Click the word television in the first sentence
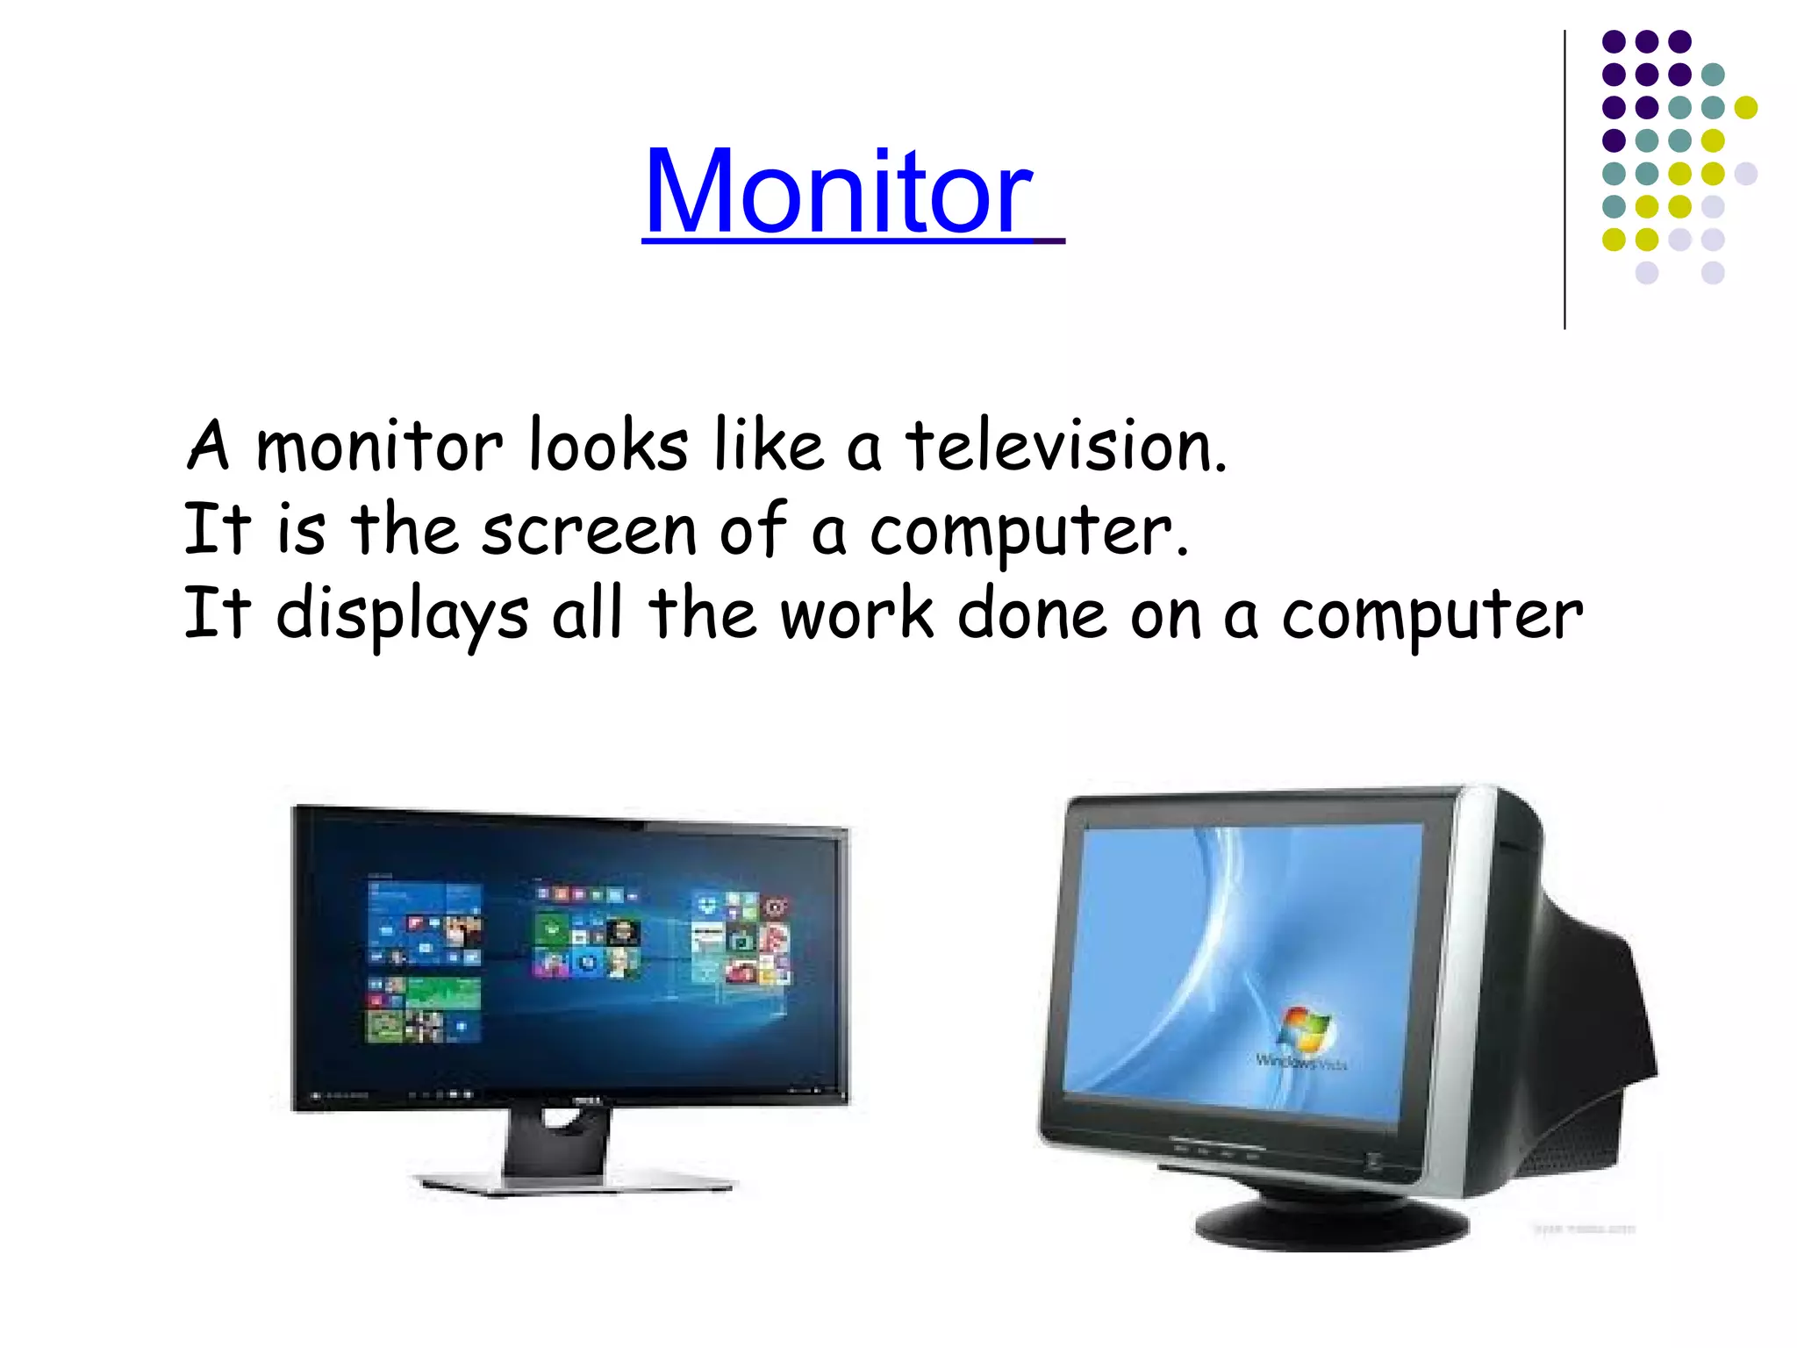(1065, 447)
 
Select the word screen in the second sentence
(589, 531)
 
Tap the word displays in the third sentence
(403, 614)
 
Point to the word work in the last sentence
(857, 614)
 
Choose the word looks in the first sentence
(609, 447)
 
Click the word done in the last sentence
(1032, 614)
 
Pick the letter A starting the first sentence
(209, 447)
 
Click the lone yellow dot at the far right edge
(1745, 107)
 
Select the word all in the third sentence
(587, 614)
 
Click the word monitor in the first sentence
(379, 447)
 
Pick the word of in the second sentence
(753, 531)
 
